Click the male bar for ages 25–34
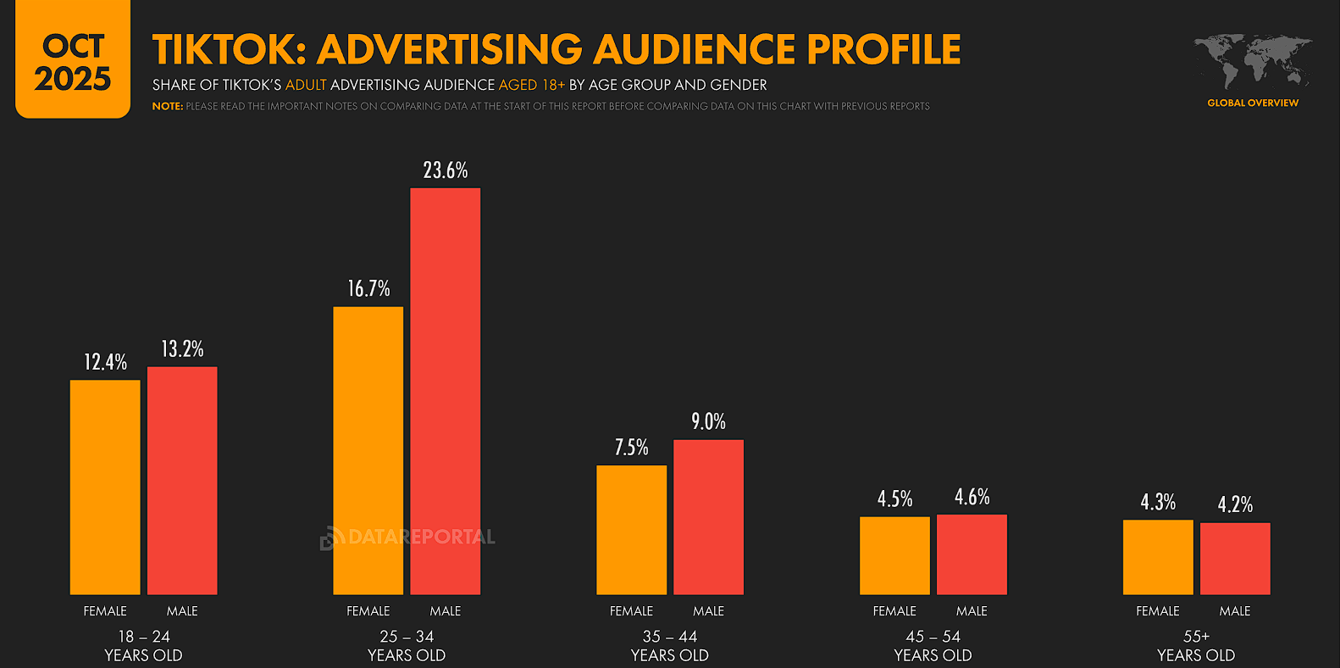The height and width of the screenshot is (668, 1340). [x=445, y=391]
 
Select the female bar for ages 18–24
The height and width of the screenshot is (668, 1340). [x=105, y=487]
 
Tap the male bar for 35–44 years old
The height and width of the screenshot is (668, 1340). [x=708, y=516]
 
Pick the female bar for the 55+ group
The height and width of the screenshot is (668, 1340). [x=1157, y=557]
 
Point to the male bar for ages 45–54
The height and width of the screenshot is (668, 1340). [x=972, y=554]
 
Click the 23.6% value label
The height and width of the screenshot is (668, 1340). [x=446, y=170]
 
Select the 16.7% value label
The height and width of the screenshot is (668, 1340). [x=368, y=289]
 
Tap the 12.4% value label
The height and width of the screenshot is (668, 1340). [x=105, y=363]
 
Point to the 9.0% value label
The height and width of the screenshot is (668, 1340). [x=708, y=421]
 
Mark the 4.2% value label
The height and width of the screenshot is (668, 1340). [x=1235, y=505]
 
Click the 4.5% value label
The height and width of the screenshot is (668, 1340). [x=894, y=498]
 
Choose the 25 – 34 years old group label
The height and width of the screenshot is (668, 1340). [x=407, y=646]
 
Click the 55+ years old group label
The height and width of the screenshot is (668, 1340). [x=1196, y=646]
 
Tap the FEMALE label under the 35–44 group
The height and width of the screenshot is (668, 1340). [x=631, y=611]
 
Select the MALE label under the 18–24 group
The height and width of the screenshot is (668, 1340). [x=182, y=611]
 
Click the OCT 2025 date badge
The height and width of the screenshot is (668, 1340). [x=73, y=61]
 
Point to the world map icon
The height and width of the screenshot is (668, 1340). [x=1253, y=61]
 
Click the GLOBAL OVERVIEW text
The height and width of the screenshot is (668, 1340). [x=1253, y=103]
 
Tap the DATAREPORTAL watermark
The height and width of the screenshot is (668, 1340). [x=408, y=537]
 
